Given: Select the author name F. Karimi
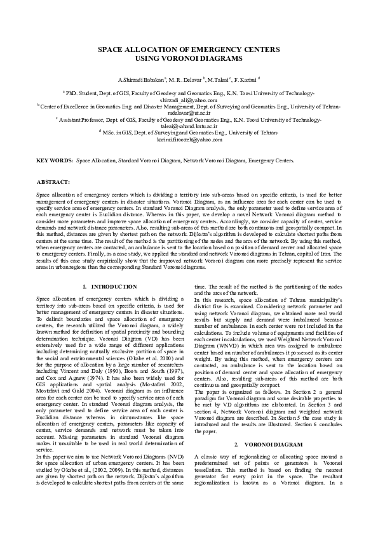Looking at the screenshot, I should point(245,81).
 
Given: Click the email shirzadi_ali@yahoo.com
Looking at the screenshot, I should point(189,100).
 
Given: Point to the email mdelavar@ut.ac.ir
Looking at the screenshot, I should point(189,112).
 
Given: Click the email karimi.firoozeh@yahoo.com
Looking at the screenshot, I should point(189,139).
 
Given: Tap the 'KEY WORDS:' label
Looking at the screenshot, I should point(54,161).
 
